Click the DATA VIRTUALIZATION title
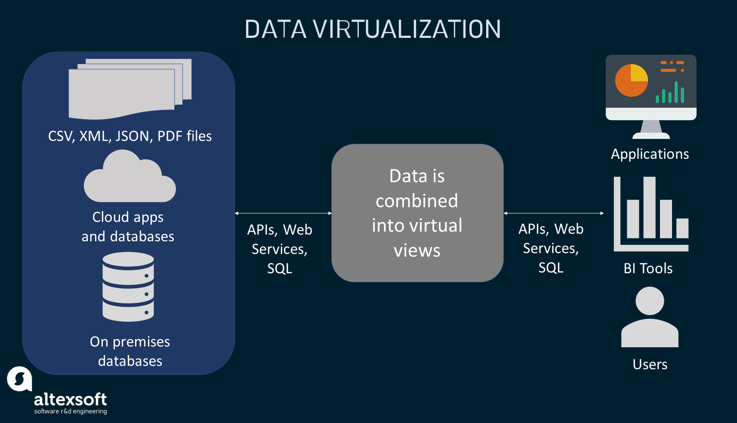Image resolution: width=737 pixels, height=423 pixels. point(373,29)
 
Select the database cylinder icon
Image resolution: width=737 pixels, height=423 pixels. point(128,287)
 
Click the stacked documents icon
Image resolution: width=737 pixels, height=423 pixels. point(129,89)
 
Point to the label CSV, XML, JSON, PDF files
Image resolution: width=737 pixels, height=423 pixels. point(130,136)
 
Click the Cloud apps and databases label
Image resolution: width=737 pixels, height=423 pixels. point(128,227)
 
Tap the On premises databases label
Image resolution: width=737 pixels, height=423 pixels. point(130,351)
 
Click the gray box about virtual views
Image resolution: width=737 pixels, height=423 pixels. point(417,213)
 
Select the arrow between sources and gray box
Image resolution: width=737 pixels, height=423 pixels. point(283,213)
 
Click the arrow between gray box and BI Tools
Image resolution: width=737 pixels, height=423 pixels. point(554,213)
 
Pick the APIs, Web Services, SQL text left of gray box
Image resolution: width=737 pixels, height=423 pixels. point(280,249)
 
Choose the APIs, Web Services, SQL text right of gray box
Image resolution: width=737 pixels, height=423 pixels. point(551,248)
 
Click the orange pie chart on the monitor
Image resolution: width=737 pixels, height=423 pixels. point(631,81)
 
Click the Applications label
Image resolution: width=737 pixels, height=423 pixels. point(650,154)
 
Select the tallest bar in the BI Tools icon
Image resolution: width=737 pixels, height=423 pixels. point(649,207)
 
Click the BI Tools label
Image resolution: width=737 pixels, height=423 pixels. point(648,269)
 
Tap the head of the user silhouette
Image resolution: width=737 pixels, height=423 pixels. point(650,301)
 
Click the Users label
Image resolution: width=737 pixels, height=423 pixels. point(650,364)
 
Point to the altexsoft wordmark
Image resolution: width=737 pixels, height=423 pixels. point(70,400)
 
